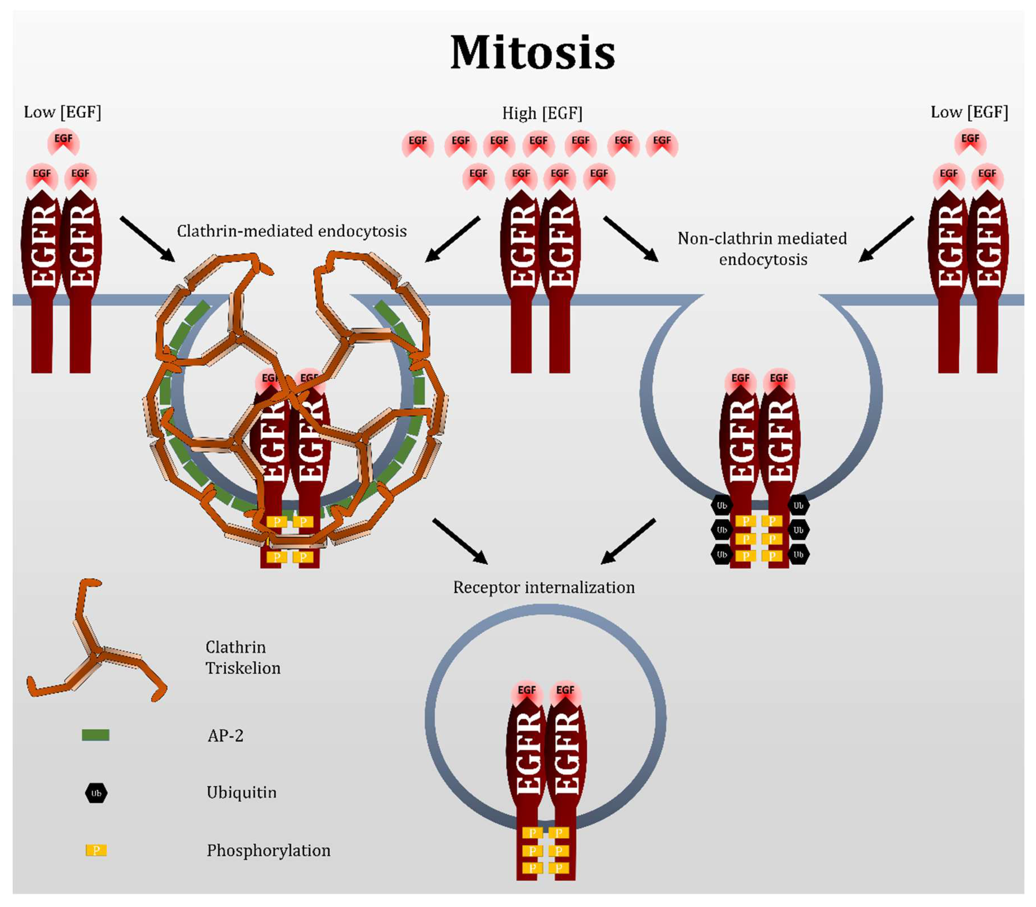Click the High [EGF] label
click(542, 113)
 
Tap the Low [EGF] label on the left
click(62, 112)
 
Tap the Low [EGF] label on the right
click(969, 112)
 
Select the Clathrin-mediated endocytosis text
click(292, 231)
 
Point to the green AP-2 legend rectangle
click(95, 735)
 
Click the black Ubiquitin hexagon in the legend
click(95, 793)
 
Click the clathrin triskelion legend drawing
click(94, 653)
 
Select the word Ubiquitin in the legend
click(242, 792)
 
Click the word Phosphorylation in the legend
click(268, 850)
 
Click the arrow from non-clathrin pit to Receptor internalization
click(628, 541)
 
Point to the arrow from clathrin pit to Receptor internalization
click(460, 541)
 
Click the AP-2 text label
click(225, 735)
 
